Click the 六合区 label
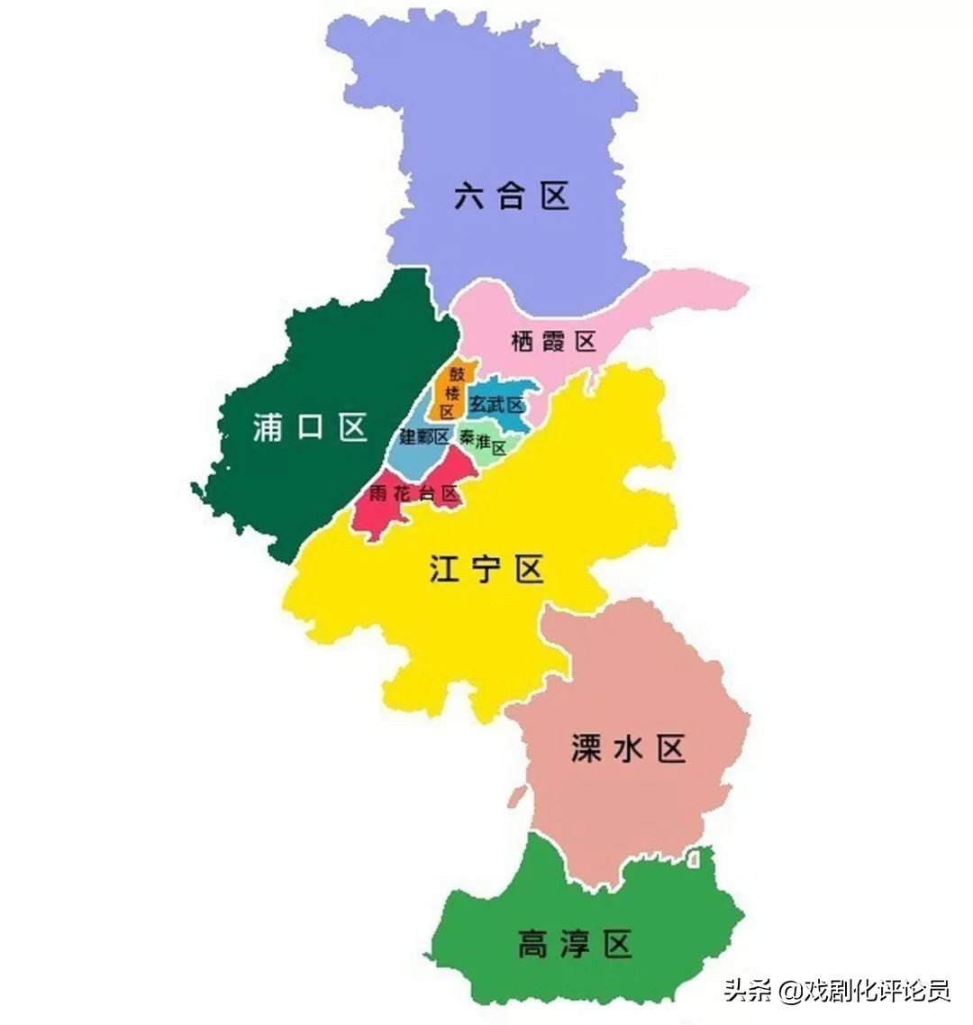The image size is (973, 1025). (x=512, y=196)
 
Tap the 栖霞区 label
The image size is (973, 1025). (x=553, y=342)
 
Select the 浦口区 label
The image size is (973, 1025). (x=310, y=427)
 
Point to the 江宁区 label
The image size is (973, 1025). (x=486, y=570)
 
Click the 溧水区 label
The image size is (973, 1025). (x=628, y=748)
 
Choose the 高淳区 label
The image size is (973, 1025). (x=575, y=946)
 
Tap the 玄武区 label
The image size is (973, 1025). (x=496, y=405)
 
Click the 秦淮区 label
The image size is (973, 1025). (x=484, y=442)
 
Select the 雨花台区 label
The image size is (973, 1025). (x=414, y=494)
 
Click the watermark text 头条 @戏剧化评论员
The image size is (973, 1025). (x=837, y=991)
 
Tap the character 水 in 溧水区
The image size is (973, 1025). (x=628, y=748)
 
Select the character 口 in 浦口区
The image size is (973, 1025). (x=310, y=427)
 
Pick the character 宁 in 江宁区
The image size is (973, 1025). (x=486, y=570)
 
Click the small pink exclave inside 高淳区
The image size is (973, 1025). (x=694, y=862)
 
